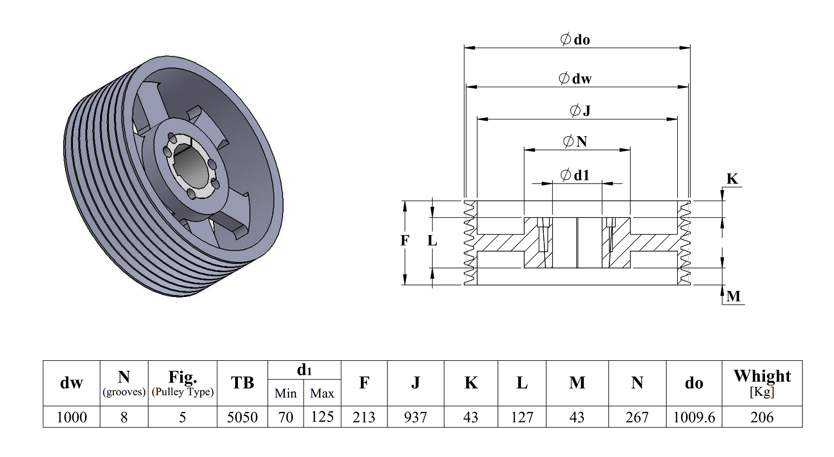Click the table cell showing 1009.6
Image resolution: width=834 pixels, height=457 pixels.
pyautogui.click(x=694, y=417)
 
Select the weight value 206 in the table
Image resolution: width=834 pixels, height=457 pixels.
pyautogui.click(x=762, y=417)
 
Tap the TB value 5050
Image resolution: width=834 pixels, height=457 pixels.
pyautogui.click(x=242, y=417)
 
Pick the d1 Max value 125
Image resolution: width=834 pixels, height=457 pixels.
pyautogui.click(x=322, y=417)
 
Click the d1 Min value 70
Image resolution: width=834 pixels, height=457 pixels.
pyautogui.click(x=286, y=417)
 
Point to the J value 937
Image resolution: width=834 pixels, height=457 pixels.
pyautogui.click(x=415, y=417)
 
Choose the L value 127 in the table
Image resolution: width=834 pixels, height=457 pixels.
pyautogui.click(x=522, y=417)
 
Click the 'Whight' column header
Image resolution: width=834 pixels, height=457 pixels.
pyautogui.click(x=762, y=376)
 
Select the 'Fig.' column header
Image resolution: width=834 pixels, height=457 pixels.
pyautogui.click(x=182, y=377)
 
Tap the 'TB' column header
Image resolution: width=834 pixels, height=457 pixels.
pyautogui.click(x=242, y=383)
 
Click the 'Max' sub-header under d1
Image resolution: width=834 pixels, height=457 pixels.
pyautogui.click(x=322, y=394)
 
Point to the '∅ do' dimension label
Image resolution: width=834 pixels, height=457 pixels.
pyautogui.click(x=575, y=39)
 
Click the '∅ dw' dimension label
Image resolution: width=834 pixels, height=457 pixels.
pyautogui.click(x=575, y=78)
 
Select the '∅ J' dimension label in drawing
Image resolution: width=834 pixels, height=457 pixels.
pyautogui.click(x=580, y=111)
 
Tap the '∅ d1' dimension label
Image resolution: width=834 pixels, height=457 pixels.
pyautogui.click(x=575, y=175)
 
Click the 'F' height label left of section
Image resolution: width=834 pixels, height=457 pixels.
pyautogui.click(x=405, y=241)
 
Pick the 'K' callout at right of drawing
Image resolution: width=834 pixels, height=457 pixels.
pyautogui.click(x=732, y=179)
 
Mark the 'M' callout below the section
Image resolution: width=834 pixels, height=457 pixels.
pyautogui.click(x=733, y=296)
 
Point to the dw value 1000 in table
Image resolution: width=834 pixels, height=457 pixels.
pyautogui.click(x=72, y=417)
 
